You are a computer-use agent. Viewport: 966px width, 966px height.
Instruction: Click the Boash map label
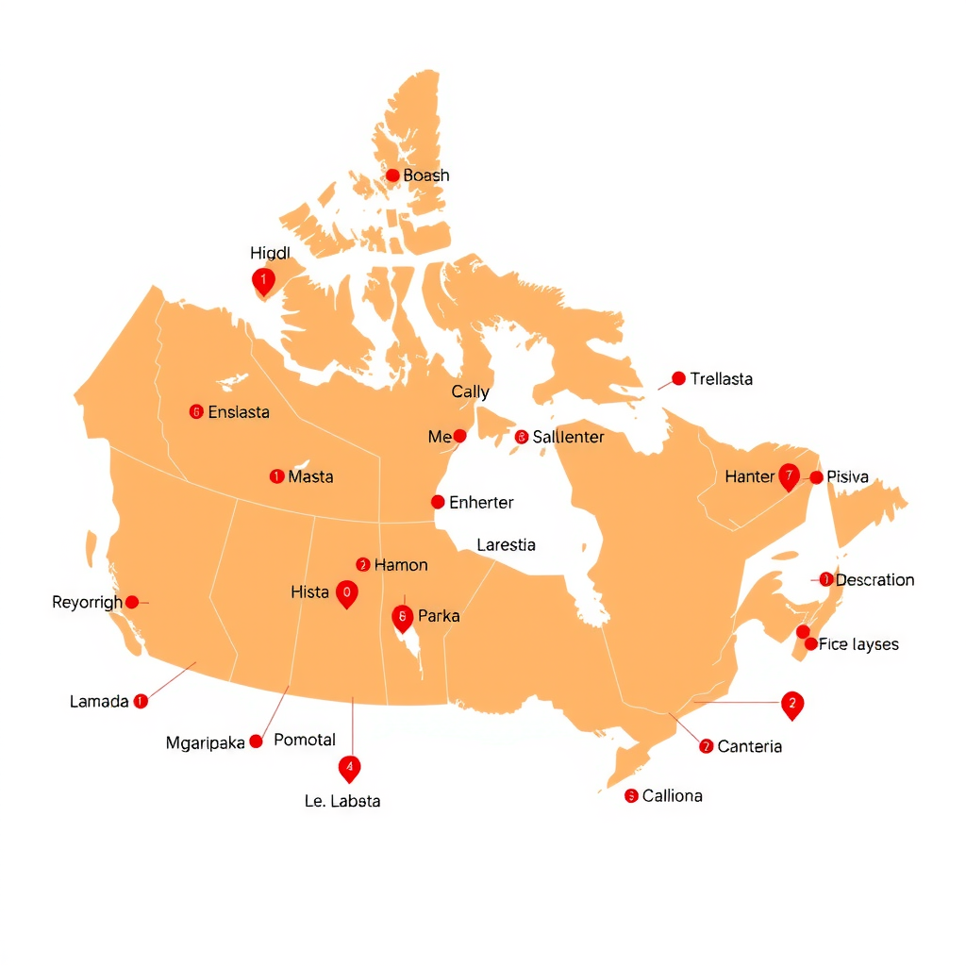pyautogui.click(x=426, y=175)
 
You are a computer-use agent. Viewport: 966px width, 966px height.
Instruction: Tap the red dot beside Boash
pyautogui.click(x=392, y=175)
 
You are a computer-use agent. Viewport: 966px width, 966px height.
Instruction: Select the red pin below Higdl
pyautogui.click(x=263, y=280)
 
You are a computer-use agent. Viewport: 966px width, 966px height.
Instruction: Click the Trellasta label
pyautogui.click(x=722, y=379)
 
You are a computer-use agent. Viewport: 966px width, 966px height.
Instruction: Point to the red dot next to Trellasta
pyautogui.click(x=678, y=378)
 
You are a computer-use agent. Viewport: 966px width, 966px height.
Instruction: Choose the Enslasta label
pyautogui.click(x=239, y=412)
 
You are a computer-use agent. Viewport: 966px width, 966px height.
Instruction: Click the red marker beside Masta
pyautogui.click(x=276, y=476)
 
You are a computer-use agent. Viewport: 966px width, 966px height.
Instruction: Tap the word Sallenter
pyautogui.click(x=568, y=437)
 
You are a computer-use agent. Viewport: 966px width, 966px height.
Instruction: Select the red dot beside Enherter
pyautogui.click(x=438, y=502)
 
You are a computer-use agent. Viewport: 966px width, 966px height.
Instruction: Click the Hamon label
pyautogui.click(x=401, y=565)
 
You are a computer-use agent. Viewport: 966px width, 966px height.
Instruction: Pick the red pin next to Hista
pyautogui.click(x=346, y=593)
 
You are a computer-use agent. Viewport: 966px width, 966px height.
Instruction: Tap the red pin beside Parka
pyautogui.click(x=403, y=618)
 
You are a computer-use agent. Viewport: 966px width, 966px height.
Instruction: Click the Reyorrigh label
pyautogui.click(x=87, y=602)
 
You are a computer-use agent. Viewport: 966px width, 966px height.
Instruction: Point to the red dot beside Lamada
pyautogui.click(x=141, y=701)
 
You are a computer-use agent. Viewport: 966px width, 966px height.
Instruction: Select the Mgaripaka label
pyautogui.click(x=206, y=742)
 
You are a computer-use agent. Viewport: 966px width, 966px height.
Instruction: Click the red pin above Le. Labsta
pyautogui.click(x=350, y=768)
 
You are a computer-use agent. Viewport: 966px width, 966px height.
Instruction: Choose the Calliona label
pyautogui.click(x=672, y=795)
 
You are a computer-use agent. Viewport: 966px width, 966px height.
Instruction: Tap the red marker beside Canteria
pyautogui.click(x=707, y=746)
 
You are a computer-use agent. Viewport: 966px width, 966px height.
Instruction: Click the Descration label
pyautogui.click(x=874, y=579)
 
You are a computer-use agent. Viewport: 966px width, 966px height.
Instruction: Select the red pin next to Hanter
pyautogui.click(x=790, y=476)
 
